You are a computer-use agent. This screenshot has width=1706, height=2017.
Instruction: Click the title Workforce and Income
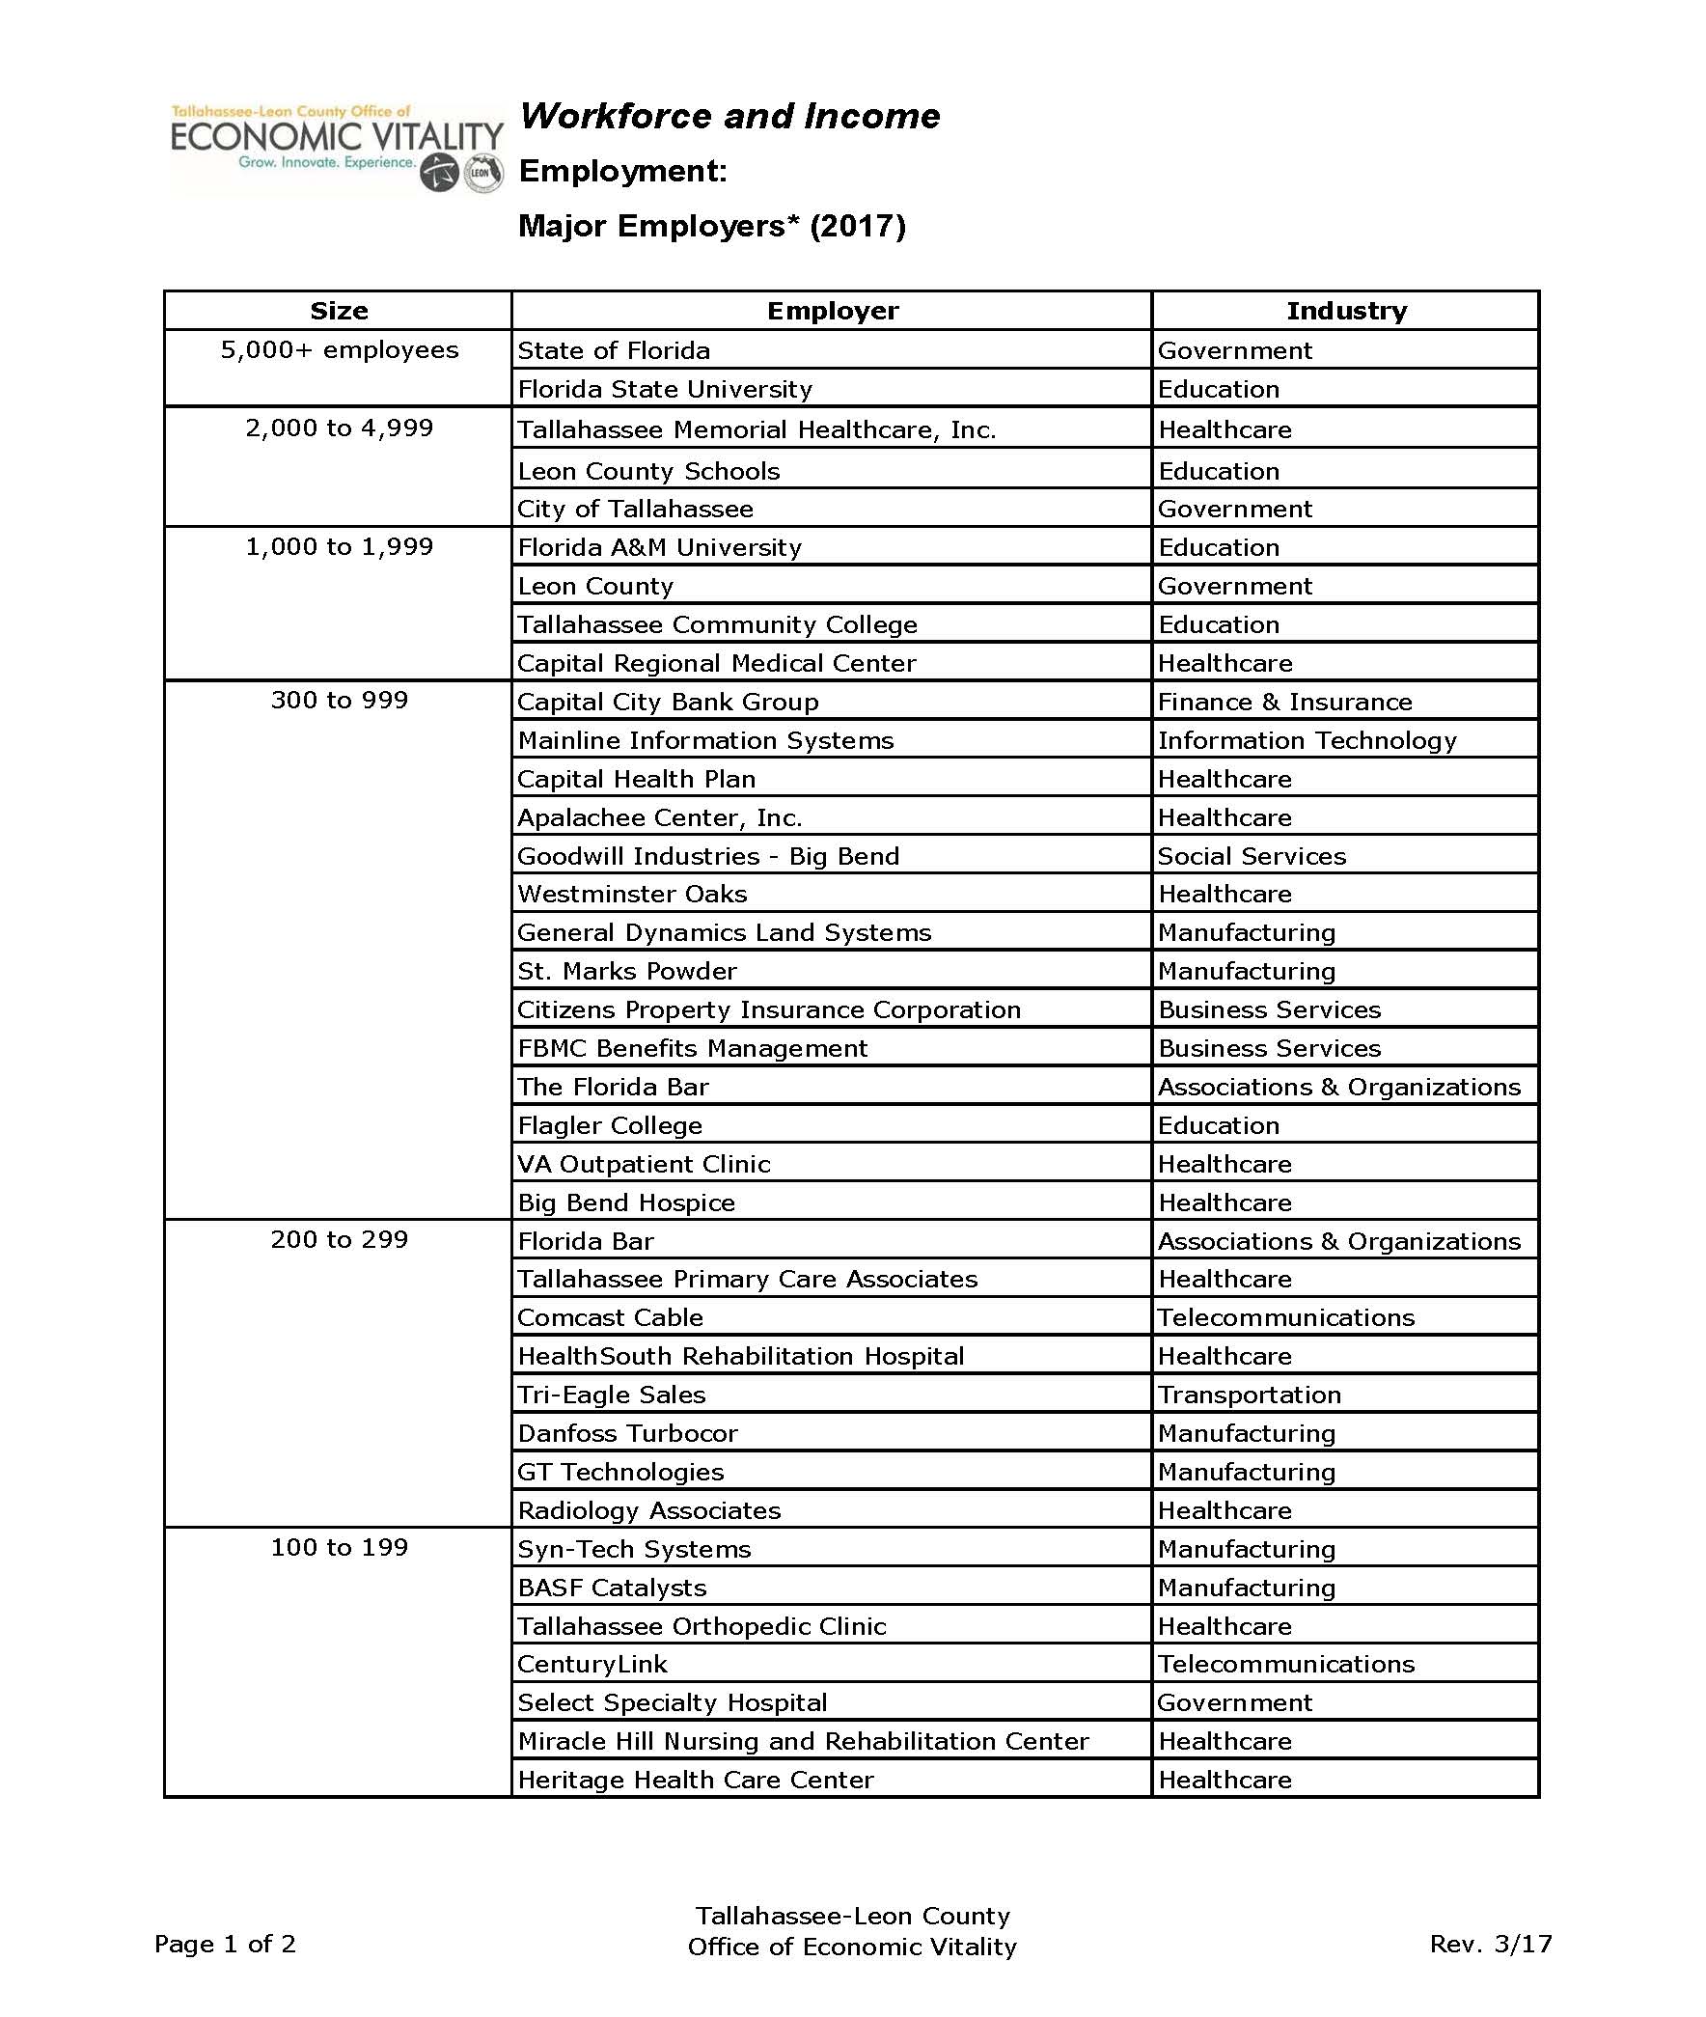pyautogui.click(x=729, y=117)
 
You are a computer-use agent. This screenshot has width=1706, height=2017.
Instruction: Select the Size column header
pyautogui.click(x=339, y=311)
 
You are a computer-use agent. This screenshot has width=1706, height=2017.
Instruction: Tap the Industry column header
pyautogui.click(x=1345, y=311)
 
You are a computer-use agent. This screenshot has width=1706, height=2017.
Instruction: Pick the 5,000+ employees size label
pyautogui.click(x=339, y=350)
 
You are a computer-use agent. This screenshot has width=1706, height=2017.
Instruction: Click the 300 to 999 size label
pyautogui.click(x=339, y=701)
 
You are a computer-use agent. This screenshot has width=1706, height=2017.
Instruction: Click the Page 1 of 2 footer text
pyautogui.click(x=225, y=1944)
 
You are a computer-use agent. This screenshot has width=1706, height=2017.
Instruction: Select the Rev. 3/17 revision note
pyautogui.click(x=1489, y=1944)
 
